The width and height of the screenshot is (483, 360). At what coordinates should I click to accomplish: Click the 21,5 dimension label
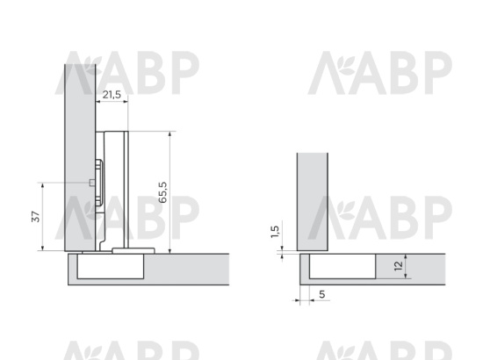[x=112, y=95]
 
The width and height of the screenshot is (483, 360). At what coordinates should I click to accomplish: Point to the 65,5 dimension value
[x=162, y=192]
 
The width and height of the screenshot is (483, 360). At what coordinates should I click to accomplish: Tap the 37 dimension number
[x=36, y=217]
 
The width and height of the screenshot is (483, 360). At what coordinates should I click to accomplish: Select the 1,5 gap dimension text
[x=275, y=232]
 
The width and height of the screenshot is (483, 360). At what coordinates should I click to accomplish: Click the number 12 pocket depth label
[x=399, y=266]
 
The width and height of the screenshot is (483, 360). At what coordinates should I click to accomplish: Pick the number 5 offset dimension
[x=322, y=294]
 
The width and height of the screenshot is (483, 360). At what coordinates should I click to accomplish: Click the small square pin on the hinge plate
[x=91, y=183]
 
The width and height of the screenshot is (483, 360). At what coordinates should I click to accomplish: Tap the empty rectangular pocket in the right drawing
[x=342, y=266]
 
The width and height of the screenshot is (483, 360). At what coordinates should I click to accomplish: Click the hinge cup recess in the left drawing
[x=111, y=266]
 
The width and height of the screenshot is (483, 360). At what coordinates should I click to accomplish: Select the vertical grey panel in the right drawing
[x=313, y=202]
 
